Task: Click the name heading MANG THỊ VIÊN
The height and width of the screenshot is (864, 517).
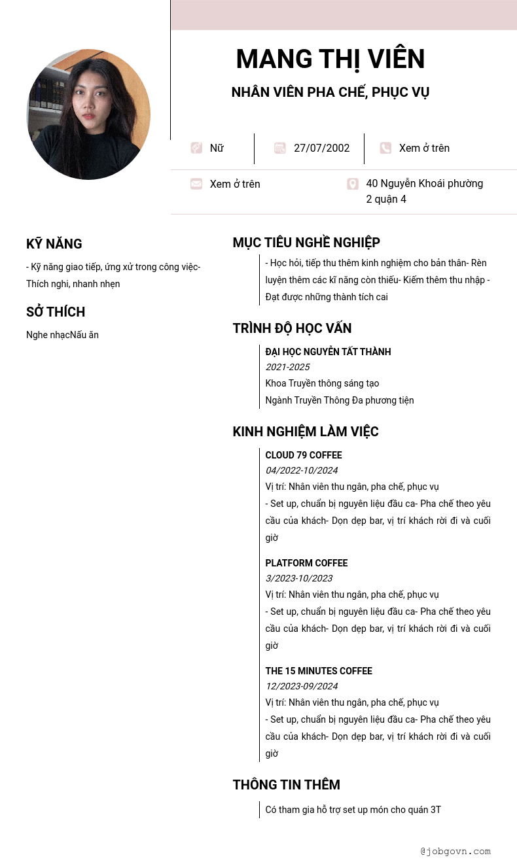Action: pos(330,60)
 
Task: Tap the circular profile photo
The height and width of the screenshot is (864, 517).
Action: pos(88,114)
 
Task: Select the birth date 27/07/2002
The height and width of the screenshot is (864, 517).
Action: pos(321,148)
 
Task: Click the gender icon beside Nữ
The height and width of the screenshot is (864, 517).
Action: pos(196,148)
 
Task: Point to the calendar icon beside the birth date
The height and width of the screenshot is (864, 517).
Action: pos(280,148)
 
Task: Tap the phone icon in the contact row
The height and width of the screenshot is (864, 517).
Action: pos(385,148)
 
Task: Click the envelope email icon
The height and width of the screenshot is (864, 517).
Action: pos(196,184)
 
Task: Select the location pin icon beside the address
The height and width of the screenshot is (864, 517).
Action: pos(353,184)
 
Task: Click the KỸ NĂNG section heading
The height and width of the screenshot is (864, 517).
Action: pos(54,244)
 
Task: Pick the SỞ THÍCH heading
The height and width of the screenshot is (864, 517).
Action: pos(56,312)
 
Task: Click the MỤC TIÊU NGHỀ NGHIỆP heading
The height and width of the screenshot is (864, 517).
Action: pos(306,243)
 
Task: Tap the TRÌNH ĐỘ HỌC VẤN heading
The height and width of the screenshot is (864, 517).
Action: pos(292,328)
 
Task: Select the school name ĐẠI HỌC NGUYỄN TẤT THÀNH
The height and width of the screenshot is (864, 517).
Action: pos(328,352)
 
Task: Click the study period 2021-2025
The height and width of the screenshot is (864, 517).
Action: pos(287,367)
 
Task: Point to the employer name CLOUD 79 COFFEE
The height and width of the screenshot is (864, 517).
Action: pos(304,455)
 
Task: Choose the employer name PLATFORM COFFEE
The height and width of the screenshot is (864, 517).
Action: pos(306,563)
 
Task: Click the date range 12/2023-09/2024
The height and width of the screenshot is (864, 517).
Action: pos(301,686)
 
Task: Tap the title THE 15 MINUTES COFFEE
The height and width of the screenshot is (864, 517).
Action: pos(319,671)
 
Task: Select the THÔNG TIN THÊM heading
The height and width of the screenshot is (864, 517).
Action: pos(286,785)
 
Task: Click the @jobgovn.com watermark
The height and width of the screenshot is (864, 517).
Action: pos(455,851)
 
